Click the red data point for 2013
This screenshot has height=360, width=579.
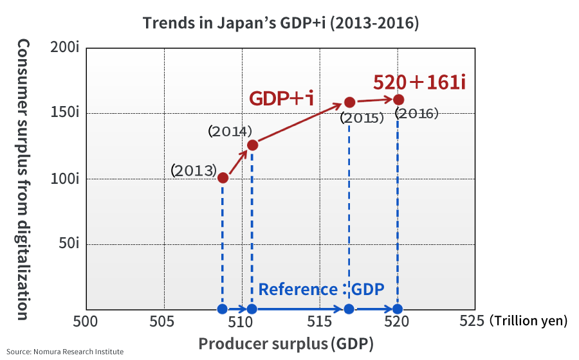click(223, 177)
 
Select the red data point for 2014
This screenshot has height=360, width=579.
click(252, 145)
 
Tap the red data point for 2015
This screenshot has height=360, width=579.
click(349, 102)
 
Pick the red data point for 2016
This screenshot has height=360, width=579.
click(398, 100)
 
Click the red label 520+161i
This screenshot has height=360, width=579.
click(419, 82)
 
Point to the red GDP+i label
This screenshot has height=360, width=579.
click(281, 98)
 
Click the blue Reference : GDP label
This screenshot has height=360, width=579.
click(321, 289)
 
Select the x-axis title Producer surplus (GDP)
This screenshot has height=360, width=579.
click(286, 343)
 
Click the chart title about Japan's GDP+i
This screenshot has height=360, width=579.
click(280, 23)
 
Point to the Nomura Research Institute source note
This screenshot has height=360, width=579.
click(65, 352)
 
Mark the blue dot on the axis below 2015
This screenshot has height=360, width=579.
click(349, 309)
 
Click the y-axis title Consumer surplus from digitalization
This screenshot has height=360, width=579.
click(23, 179)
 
